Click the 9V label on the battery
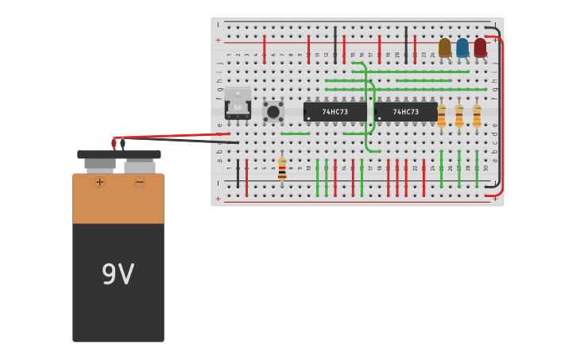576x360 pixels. coord(118,274)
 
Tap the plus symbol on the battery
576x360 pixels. coord(99,182)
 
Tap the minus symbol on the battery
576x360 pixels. coord(140,182)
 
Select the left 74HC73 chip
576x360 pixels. coord(334,112)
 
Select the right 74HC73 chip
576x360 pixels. coord(405,112)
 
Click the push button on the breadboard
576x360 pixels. coord(273,111)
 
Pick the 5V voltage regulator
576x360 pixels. coord(238,104)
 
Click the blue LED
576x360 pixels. coord(462,48)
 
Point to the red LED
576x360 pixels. coord(480,48)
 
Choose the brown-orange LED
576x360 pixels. coord(445,48)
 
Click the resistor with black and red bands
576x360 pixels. coord(282,169)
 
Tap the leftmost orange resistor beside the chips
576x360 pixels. coord(442,116)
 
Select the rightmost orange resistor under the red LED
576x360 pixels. coord(477,116)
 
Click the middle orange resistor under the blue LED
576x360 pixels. coord(459,116)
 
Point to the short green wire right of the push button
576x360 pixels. coord(295,134)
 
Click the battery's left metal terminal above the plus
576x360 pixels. coord(100,165)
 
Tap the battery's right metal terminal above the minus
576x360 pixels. coord(140,165)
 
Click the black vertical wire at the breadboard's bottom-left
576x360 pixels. coord(238,173)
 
